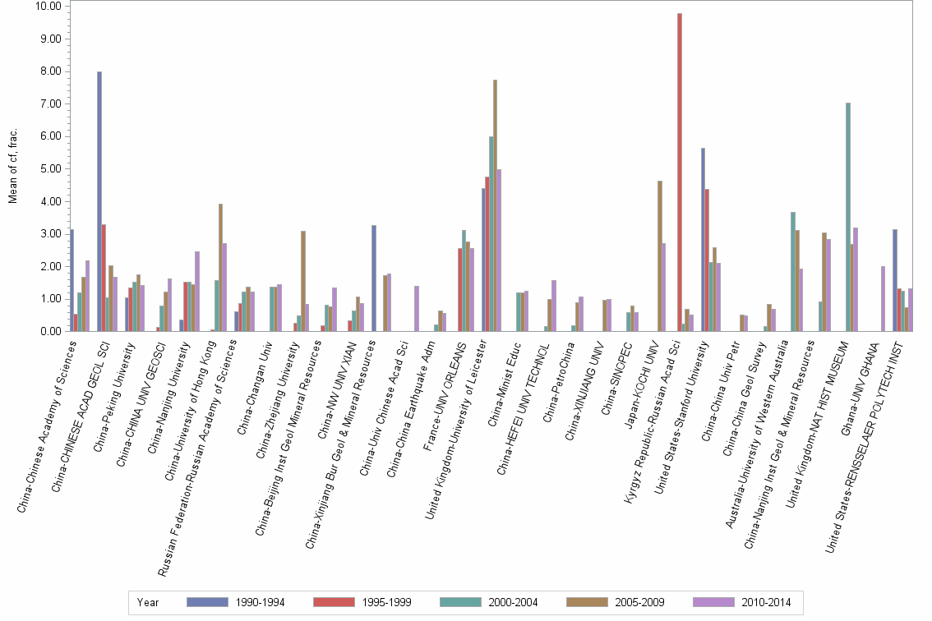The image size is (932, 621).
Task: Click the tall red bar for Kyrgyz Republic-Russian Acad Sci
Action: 680,172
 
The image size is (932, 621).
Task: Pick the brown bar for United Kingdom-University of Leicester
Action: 495,205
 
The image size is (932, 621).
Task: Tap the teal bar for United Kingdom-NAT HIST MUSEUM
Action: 847,217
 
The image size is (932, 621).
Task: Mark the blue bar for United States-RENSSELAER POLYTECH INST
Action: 895,280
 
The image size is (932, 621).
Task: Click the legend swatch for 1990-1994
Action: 207,602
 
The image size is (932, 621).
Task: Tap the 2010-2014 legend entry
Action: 765,602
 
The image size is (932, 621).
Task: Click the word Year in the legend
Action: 148,602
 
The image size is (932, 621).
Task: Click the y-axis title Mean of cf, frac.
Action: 11,168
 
